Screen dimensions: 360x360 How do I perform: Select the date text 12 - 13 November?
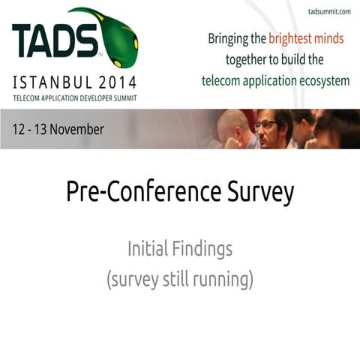pyautogui.click(x=58, y=129)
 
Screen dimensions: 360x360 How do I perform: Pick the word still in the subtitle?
pyautogui.click(x=176, y=280)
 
